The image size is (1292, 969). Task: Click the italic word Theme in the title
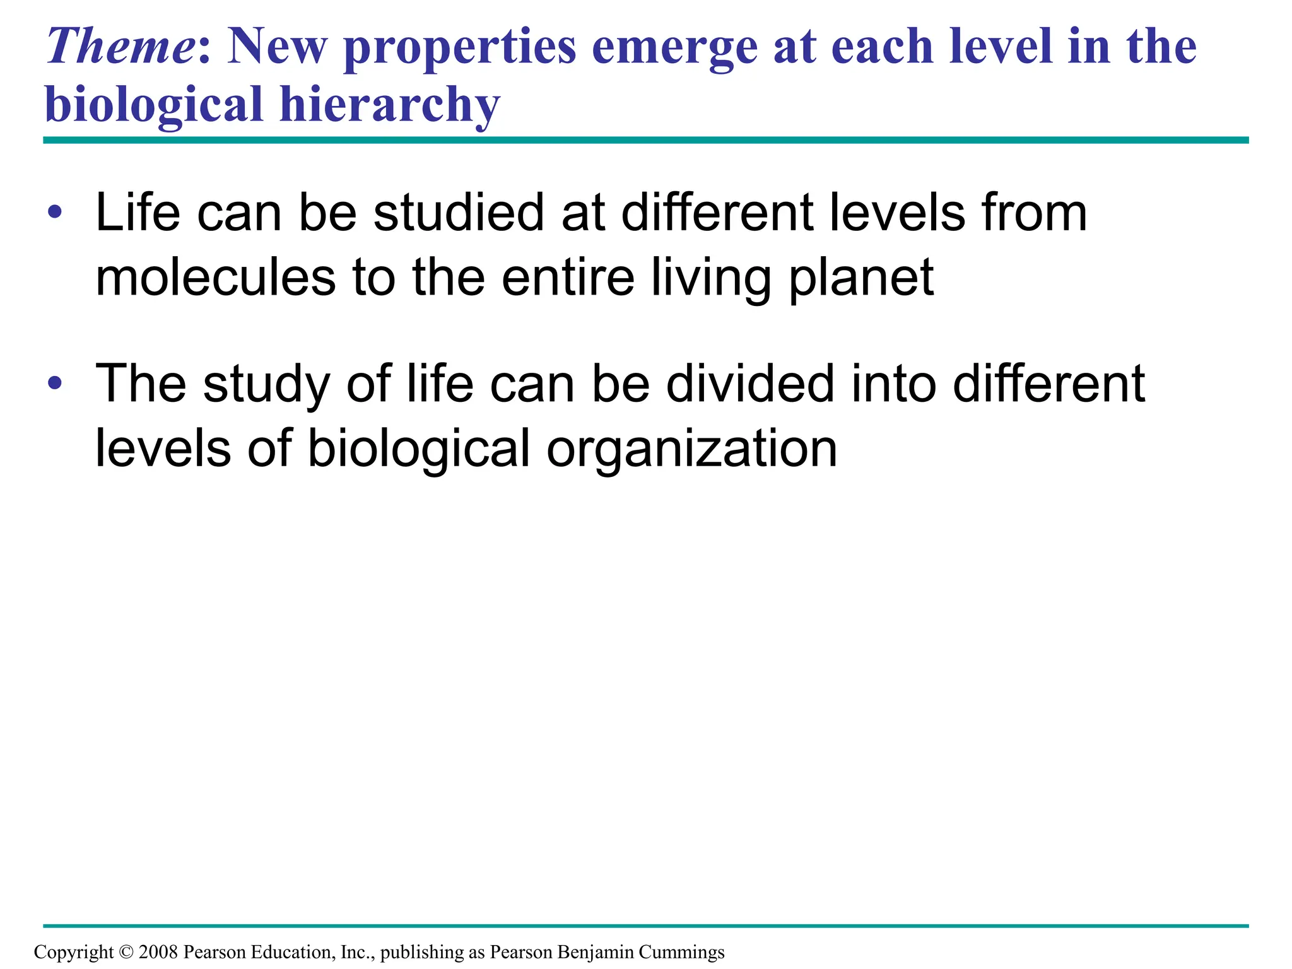(119, 46)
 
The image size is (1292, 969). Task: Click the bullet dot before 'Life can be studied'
(55, 212)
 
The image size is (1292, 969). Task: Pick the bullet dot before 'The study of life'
(55, 382)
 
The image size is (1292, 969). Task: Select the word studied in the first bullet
(458, 213)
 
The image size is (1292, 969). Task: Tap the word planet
(861, 279)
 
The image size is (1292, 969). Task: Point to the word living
(710, 279)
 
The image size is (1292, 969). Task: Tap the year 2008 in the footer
(158, 952)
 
